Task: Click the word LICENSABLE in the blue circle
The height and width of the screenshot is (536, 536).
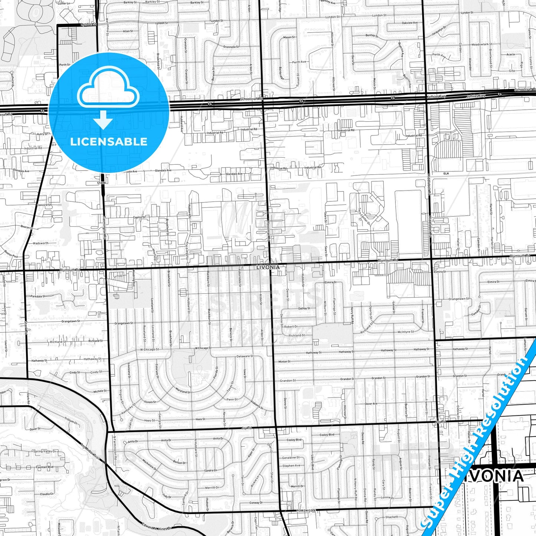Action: pos(109,141)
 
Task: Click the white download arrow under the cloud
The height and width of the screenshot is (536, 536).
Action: pos(103,121)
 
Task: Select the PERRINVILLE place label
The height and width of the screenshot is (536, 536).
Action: pos(306,510)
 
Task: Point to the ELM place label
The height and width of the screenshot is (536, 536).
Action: pos(446,174)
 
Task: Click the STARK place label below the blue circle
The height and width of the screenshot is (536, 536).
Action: pos(102,183)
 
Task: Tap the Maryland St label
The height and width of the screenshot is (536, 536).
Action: pos(183,392)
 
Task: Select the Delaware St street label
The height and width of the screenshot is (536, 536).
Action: pos(245,356)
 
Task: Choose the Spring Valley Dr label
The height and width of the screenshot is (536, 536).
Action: pos(45,451)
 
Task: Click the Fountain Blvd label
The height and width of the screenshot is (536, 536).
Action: pos(45,467)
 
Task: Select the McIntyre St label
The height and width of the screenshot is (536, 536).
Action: pos(405,332)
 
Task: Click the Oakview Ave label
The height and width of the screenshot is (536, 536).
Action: pos(410,23)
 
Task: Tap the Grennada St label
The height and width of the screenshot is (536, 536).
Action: pos(231,47)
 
